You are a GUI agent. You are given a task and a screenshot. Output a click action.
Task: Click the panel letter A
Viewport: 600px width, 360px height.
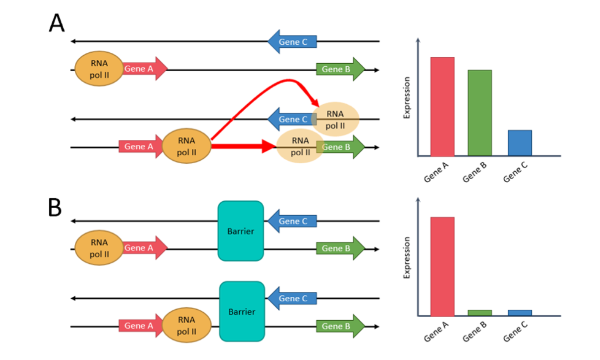[x=57, y=23]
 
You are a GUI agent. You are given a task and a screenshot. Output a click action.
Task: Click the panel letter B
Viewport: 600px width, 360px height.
[x=55, y=208]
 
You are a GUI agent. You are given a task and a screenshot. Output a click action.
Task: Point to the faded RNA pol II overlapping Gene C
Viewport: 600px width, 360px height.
[x=335, y=120]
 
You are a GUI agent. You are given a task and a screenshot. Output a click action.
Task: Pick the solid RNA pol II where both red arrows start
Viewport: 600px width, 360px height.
[x=186, y=146]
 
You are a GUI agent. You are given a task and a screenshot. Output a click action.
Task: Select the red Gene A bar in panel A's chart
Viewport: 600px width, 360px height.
[x=442, y=107]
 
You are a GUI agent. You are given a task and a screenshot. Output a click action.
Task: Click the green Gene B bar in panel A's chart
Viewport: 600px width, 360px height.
[x=479, y=113]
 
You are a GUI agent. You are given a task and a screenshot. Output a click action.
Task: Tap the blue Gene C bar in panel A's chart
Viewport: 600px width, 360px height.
[x=520, y=143]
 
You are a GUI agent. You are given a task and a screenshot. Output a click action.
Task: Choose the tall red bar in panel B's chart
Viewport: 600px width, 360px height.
[x=442, y=266]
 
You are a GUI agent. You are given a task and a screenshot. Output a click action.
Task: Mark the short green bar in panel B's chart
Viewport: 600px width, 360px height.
[x=479, y=313]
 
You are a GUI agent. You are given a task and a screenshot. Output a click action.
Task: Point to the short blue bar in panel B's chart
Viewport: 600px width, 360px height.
[x=520, y=313]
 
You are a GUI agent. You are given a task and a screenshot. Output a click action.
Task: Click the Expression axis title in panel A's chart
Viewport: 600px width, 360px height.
[x=407, y=98]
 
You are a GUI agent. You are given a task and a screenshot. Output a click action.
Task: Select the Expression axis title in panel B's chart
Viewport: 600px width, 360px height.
[x=407, y=257]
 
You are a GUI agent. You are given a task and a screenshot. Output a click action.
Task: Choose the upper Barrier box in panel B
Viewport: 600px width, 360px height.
[x=241, y=231]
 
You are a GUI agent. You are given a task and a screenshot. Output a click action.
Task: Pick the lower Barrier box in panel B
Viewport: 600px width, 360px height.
[x=242, y=312]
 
